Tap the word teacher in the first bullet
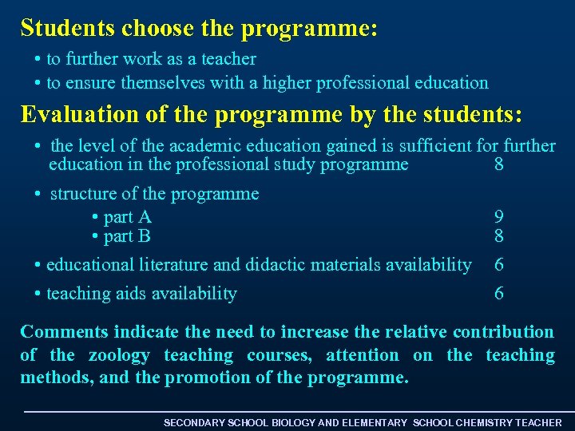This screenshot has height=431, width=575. [x=231, y=59]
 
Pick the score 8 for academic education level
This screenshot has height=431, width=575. [x=499, y=165]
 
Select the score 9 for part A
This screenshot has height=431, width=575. [x=499, y=217]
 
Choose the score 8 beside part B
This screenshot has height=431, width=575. [x=499, y=236]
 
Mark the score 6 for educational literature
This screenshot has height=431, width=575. [x=499, y=264]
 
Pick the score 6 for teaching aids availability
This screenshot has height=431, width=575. [x=499, y=294]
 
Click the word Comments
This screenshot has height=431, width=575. [x=65, y=332]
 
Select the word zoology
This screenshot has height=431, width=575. [x=119, y=355]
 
